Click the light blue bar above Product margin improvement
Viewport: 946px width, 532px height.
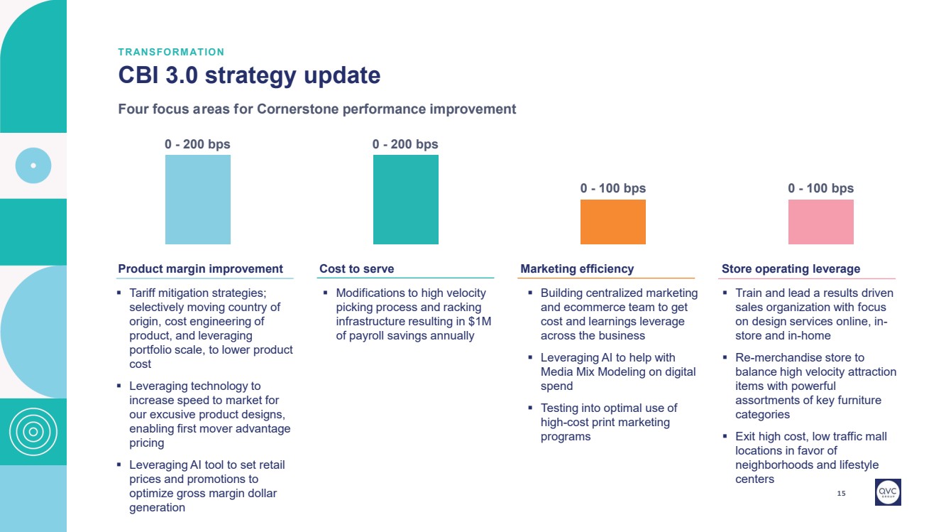[x=197, y=200]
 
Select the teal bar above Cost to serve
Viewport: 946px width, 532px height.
[x=405, y=200]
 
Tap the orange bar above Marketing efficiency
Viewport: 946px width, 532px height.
[x=613, y=222]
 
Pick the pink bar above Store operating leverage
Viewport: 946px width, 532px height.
[x=820, y=222]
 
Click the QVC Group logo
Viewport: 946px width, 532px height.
[x=888, y=492]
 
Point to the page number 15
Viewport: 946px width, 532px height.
[x=842, y=493]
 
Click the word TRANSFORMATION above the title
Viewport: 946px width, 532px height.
[x=171, y=52]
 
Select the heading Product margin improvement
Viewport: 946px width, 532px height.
[x=200, y=268]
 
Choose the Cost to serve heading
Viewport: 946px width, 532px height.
[x=356, y=268]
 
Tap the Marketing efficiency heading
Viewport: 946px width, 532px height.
[x=577, y=268]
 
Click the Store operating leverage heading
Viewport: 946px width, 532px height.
[x=791, y=268]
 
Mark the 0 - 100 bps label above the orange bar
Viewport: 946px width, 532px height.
[x=613, y=188]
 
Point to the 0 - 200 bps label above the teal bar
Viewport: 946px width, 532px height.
[x=405, y=144]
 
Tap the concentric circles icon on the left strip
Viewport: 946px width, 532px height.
[x=33, y=431]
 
